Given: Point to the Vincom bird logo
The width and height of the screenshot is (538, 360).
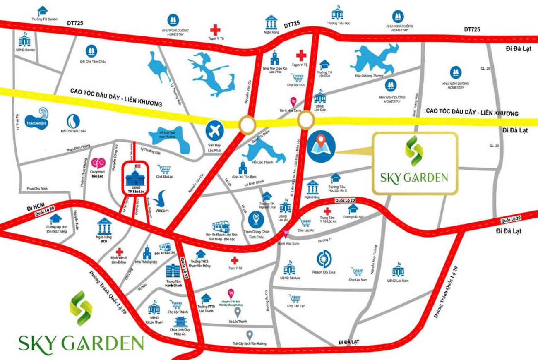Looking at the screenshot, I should click(x=161, y=198).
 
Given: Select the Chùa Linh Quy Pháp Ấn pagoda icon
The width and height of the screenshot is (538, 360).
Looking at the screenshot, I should click(x=181, y=322).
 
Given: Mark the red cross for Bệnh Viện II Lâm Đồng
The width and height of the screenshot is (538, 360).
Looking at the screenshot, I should click(x=119, y=252).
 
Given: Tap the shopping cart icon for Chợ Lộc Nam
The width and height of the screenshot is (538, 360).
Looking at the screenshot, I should click(x=356, y=272).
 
